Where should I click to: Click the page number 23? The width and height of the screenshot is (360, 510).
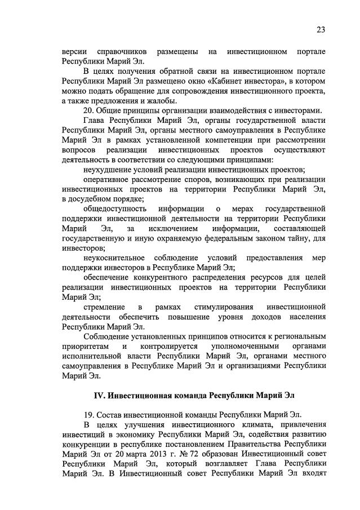[321, 30]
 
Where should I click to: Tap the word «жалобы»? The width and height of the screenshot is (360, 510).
[159, 101]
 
